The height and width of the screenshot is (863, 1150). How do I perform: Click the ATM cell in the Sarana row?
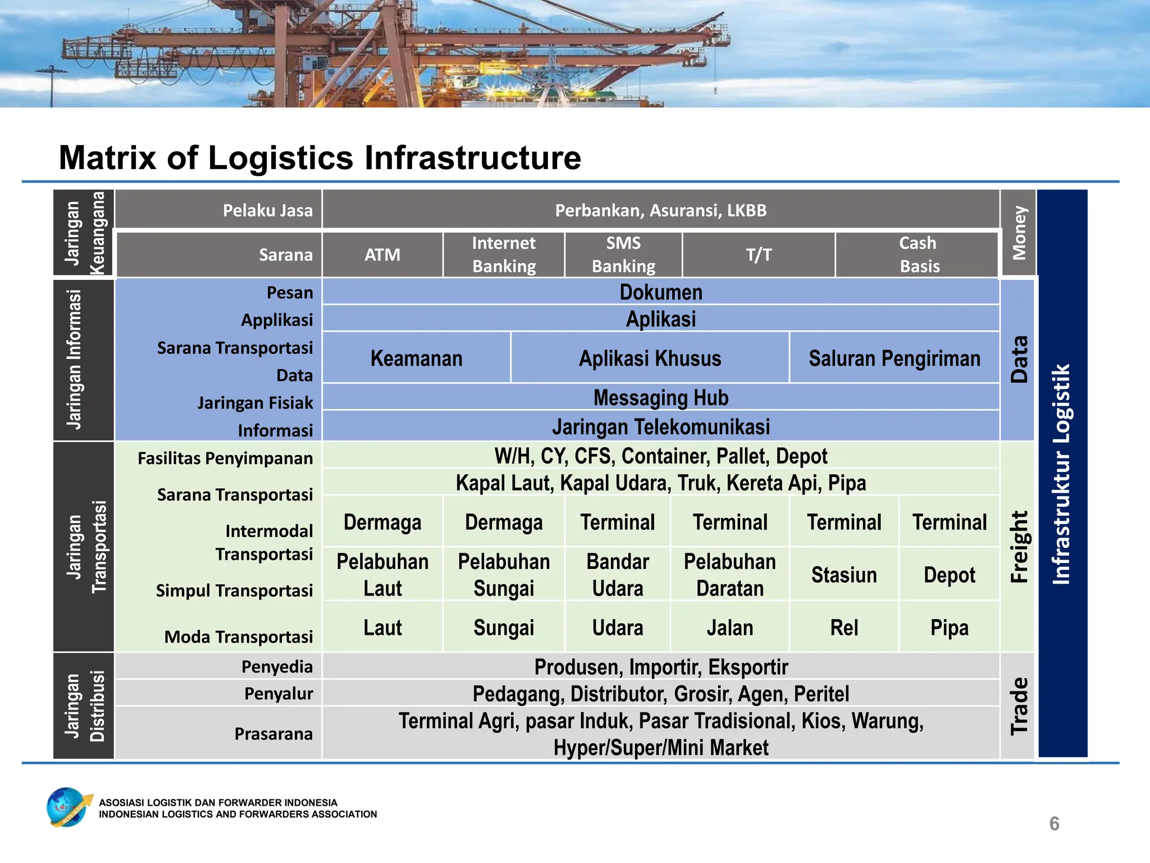(382, 255)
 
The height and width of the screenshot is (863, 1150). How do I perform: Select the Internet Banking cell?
(504, 255)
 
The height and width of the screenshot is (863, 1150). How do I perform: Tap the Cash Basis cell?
(918, 255)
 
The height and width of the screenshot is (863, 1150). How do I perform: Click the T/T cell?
(759, 255)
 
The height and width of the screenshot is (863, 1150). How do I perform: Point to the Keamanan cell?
(416, 358)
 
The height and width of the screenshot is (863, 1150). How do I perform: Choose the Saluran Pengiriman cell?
(894, 358)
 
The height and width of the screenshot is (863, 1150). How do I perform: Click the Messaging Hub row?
(660, 398)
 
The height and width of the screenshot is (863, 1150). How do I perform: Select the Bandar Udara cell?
(617, 575)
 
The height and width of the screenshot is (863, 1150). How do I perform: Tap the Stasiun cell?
(843, 575)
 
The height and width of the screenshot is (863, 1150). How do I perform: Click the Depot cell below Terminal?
(949, 575)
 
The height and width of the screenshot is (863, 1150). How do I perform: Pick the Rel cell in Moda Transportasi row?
(843, 628)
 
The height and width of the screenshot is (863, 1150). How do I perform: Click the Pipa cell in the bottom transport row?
(949, 628)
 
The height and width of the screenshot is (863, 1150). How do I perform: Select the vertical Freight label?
(1019, 547)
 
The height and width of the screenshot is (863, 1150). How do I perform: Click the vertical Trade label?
(1019, 706)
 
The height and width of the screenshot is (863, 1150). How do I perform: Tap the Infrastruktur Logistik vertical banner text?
(1061, 474)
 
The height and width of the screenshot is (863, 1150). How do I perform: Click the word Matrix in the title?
(107, 158)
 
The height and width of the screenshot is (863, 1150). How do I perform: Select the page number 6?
(1054, 824)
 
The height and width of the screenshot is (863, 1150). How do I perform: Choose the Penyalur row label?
(279, 694)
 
